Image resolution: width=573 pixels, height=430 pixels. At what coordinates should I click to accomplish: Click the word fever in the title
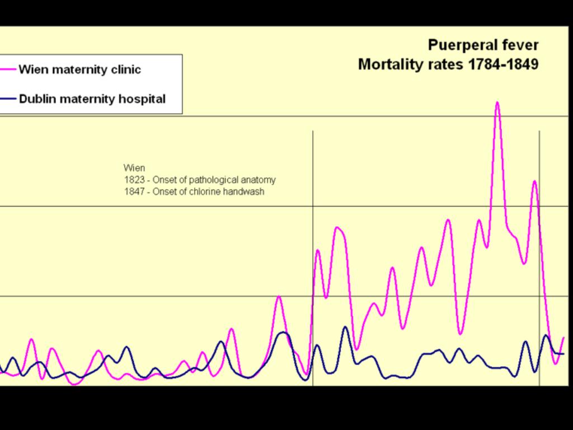pyautogui.click(x=522, y=45)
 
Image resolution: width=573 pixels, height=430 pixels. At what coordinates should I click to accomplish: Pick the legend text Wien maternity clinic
pyautogui.click(x=79, y=69)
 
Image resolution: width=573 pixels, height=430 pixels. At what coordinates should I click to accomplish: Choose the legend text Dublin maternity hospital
pyautogui.click(x=92, y=99)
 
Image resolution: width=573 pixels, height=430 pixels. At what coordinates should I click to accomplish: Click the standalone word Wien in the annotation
pyautogui.click(x=134, y=168)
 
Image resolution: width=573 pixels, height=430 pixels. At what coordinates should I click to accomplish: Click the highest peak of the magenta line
pyautogui.click(x=497, y=102)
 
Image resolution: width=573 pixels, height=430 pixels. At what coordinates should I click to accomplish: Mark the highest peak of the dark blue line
pyautogui.click(x=345, y=327)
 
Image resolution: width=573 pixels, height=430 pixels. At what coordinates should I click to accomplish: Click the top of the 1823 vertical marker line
pyautogui.click(x=313, y=131)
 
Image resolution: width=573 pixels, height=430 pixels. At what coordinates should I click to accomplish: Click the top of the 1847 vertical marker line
pyautogui.click(x=539, y=131)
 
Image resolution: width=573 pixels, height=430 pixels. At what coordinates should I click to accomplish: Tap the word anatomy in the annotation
pyautogui.click(x=258, y=180)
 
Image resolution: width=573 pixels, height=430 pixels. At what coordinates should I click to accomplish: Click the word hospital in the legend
pyautogui.click(x=144, y=99)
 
